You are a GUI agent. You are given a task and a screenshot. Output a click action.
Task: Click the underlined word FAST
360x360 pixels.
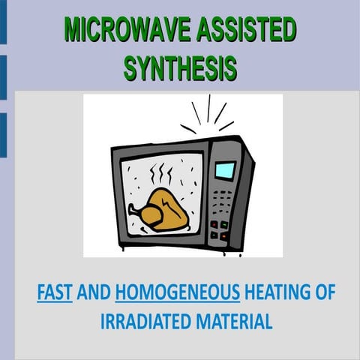[54, 293]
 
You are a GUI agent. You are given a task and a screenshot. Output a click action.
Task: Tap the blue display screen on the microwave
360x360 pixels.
[225, 170]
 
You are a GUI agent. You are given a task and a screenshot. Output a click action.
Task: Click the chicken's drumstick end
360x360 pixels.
[134, 211]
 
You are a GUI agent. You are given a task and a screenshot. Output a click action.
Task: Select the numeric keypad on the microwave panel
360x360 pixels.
[222, 201]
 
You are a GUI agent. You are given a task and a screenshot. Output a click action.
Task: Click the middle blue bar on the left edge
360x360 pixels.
[3, 77]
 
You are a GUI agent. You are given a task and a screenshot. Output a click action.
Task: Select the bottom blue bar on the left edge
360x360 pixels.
[3, 136]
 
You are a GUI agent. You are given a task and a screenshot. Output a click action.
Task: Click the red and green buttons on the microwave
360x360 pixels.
[219, 228]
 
